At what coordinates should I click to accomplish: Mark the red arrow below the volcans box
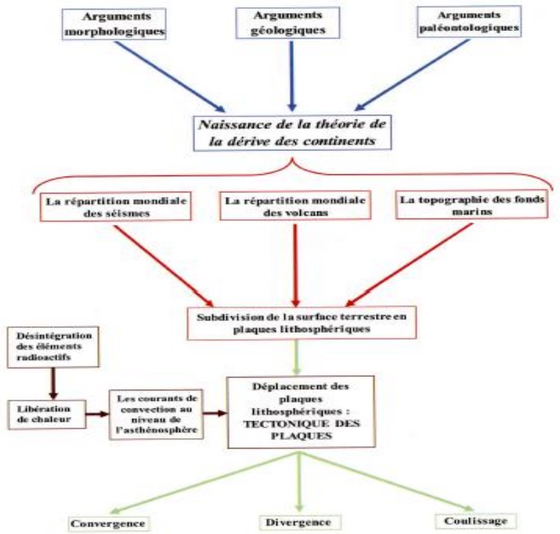295,265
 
